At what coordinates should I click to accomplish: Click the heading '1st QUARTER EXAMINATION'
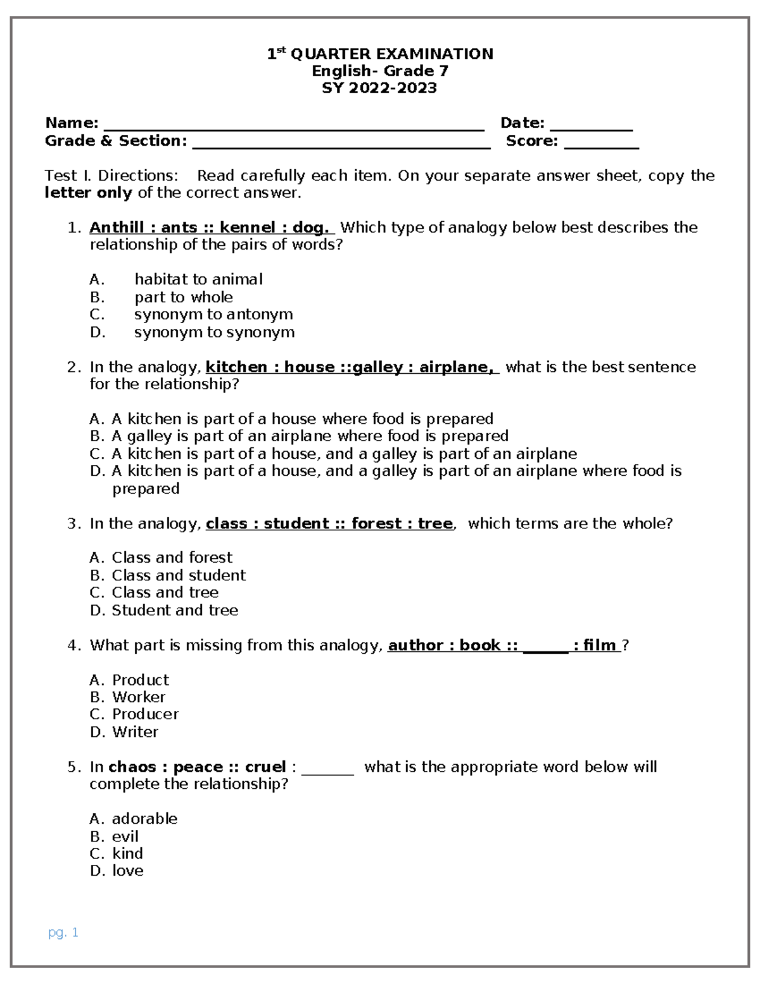click(x=379, y=54)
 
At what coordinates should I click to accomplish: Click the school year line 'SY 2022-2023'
click(x=379, y=88)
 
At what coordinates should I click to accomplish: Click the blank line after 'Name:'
click(x=293, y=125)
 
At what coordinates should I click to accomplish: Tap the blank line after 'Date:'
click(x=591, y=125)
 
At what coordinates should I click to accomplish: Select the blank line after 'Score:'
click(x=601, y=143)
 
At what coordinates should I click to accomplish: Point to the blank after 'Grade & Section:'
click(x=341, y=143)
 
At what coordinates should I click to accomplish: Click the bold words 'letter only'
click(x=88, y=193)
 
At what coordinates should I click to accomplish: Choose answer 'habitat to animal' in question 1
click(x=198, y=279)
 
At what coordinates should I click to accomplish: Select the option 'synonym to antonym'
click(x=213, y=314)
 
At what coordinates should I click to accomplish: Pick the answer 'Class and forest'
click(x=172, y=558)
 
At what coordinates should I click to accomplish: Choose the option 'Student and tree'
click(x=175, y=610)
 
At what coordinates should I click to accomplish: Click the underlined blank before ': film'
click(x=545, y=646)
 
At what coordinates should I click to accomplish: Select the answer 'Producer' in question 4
click(x=145, y=714)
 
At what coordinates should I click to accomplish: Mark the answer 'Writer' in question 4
click(x=135, y=732)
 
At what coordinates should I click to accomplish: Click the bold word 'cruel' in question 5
click(x=265, y=767)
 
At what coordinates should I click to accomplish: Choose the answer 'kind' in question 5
click(x=127, y=853)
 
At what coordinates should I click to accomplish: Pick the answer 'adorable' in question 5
click(x=144, y=819)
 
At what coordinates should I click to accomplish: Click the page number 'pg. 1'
click(x=63, y=933)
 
